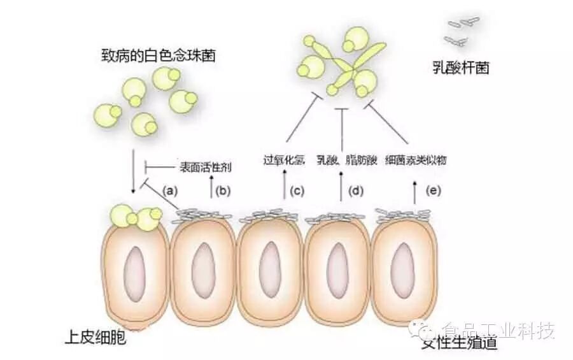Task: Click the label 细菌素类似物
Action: click(416, 160)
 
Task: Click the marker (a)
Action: click(170, 189)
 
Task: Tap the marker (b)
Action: click(223, 189)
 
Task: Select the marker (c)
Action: click(297, 189)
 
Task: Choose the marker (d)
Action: click(356, 189)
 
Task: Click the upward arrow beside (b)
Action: click(211, 189)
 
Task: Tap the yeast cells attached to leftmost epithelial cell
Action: click(136, 217)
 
